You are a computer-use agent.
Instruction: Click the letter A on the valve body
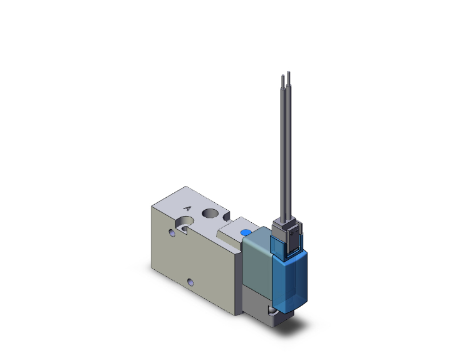click(x=186, y=208)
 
